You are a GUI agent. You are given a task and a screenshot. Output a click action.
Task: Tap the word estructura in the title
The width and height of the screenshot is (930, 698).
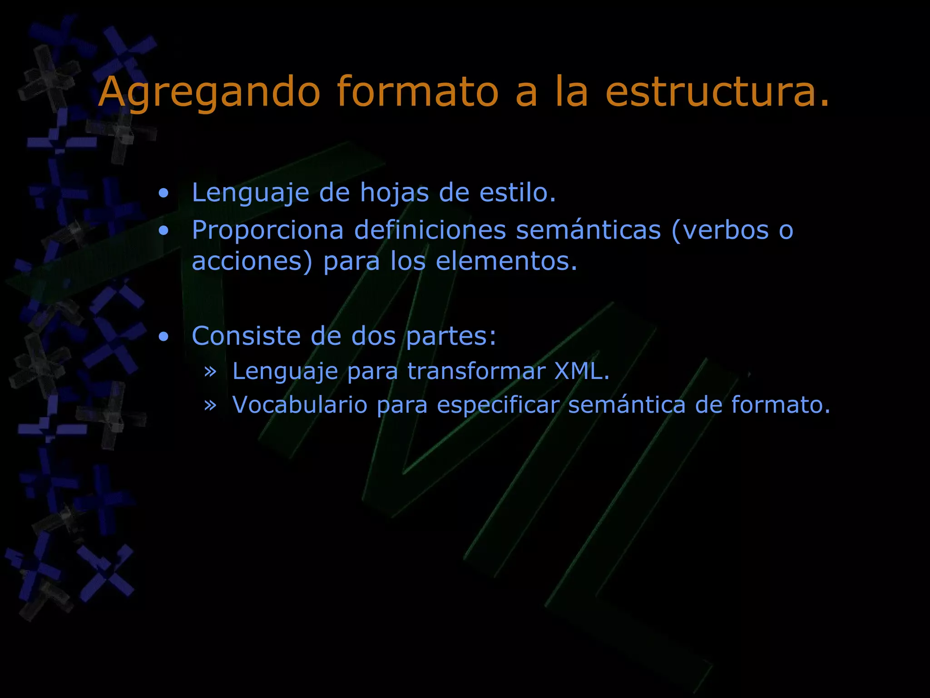(717, 92)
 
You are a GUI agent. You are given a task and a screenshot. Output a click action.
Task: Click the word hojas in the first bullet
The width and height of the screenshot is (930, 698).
(394, 193)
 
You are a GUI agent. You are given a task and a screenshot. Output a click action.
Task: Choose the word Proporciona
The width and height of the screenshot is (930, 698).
(267, 230)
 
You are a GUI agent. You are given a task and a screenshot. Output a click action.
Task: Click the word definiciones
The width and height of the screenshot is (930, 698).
(430, 230)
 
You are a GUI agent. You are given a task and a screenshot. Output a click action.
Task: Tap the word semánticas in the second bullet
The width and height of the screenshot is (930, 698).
(589, 230)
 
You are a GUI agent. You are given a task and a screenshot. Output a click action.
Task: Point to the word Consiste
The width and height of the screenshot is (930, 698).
(246, 336)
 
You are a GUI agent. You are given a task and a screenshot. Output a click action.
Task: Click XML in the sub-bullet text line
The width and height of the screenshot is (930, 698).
(580, 371)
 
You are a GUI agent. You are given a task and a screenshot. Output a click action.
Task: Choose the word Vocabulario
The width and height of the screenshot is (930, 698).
(300, 404)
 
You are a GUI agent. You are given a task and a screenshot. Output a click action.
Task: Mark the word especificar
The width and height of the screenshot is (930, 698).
(498, 405)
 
